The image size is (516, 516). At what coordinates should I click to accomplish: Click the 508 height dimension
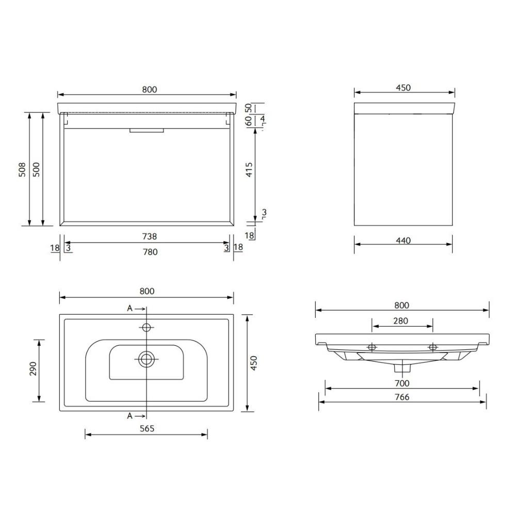[x=22, y=169]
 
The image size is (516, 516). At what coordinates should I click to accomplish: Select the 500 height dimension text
[x=36, y=169]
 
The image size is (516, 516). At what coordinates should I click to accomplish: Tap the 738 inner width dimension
[x=149, y=236]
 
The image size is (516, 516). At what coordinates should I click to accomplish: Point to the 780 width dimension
[x=149, y=252]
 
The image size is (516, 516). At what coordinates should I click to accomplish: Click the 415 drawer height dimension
[x=249, y=170]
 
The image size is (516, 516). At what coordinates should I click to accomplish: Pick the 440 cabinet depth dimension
[x=403, y=240]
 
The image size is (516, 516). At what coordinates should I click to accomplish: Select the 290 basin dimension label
[x=33, y=369]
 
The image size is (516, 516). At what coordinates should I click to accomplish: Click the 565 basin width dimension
[x=147, y=428]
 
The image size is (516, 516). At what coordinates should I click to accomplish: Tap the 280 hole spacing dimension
[x=400, y=321]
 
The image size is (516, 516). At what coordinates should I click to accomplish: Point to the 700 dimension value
[x=402, y=383]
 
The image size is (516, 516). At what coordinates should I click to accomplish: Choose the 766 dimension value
[x=402, y=397]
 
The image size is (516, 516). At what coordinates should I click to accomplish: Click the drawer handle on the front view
[x=147, y=131]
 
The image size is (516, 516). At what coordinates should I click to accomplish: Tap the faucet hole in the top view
[x=147, y=327]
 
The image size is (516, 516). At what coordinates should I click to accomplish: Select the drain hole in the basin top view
[x=147, y=359]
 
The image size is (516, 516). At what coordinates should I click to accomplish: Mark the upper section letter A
[x=130, y=309]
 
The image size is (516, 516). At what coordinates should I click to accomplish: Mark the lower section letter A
[x=130, y=415]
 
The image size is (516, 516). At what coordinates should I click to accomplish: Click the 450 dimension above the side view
[x=403, y=88]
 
